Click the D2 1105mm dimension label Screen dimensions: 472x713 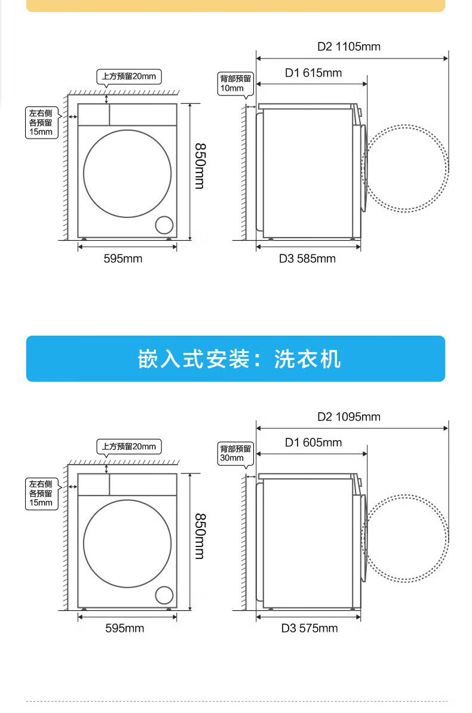pyautogui.click(x=348, y=47)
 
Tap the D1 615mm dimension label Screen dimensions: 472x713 pyautogui.click(x=313, y=73)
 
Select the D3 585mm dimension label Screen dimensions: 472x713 pyautogui.click(x=307, y=259)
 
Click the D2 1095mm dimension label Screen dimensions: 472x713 pyautogui.click(x=348, y=417)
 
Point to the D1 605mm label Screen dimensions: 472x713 pyautogui.click(x=313, y=442)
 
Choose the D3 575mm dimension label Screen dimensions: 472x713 pyautogui.click(x=309, y=628)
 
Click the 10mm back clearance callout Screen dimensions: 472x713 pyautogui.click(x=236, y=84)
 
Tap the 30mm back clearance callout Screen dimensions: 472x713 pyautogui.click(x=236, y=453)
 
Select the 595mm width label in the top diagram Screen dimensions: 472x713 pyautogui.click(x=123, y=259)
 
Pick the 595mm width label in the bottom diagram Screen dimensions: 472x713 pyautogui.click(x=124, y=628)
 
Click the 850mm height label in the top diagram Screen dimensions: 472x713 pyautogui.click(x=200, y=165)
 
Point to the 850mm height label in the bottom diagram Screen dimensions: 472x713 pyautogui.click(x=200, y=536)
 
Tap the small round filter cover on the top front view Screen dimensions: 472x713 pyautogui.click(x=164, y=225)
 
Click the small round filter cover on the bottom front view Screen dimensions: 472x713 pyautogui.click(x=164, y=595)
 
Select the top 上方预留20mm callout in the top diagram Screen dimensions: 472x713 pyautogui.click(x=129, y=76)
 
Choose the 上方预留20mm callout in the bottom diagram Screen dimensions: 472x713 pyautogui.click(x=129, y=447)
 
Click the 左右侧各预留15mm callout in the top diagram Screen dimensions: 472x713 pyautogui.click(x=41, y=122)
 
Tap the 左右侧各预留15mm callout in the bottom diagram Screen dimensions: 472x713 pyautogui.click(x=41, y=493)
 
